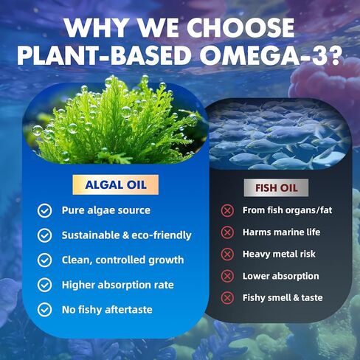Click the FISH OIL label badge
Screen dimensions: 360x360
276,187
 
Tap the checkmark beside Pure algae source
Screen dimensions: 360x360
45,211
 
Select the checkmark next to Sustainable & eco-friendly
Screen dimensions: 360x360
45,235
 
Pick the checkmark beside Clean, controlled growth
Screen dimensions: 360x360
45,260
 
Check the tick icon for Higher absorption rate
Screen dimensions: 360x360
45,284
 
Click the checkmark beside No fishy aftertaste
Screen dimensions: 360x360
45,309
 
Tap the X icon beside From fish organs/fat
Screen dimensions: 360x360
227,211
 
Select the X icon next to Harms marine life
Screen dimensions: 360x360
227,232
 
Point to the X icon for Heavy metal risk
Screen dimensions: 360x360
227,254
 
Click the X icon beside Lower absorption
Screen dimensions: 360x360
227,276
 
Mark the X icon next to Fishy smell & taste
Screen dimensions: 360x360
227,298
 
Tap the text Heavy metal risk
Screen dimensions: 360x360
279,254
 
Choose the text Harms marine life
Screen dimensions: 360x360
281,232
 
